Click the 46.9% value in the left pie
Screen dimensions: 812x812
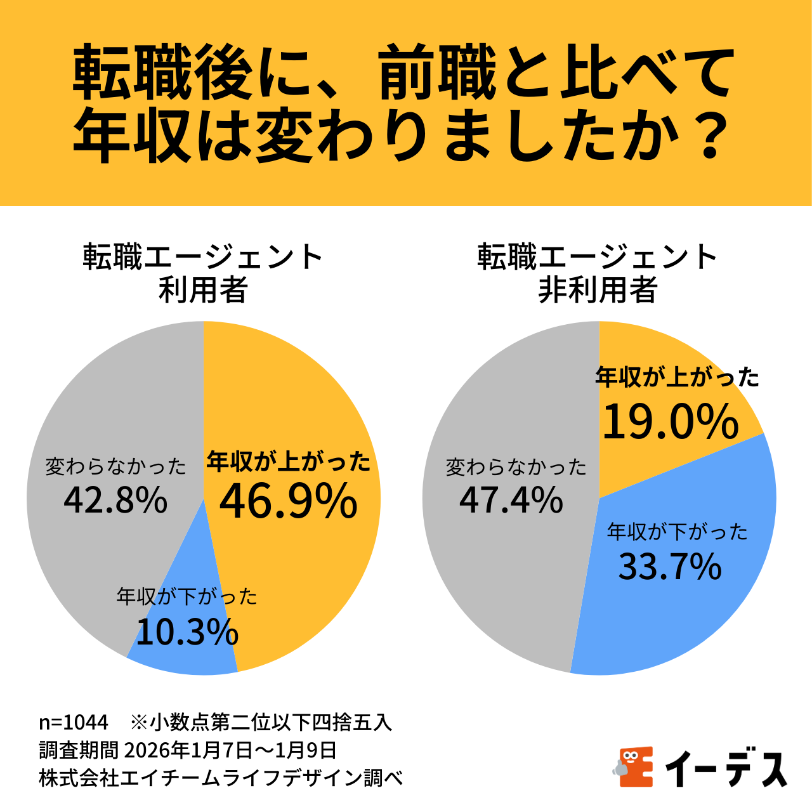[289, 501]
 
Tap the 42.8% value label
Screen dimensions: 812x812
[115, 501]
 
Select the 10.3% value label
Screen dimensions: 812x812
[187, 632]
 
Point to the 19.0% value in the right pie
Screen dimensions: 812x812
[671, 422]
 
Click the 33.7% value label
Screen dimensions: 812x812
[670, 566]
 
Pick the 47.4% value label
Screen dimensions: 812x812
[511, 501]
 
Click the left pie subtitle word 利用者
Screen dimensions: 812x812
[203, 291]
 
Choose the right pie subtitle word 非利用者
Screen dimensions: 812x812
[598, 291]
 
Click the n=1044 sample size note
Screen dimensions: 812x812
[74, 723]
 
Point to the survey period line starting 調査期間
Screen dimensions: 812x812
[188, 750]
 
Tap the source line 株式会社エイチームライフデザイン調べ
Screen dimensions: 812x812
[221, 778]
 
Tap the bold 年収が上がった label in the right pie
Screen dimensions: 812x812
[677, 378]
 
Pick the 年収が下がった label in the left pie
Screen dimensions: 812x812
[187, 596]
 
